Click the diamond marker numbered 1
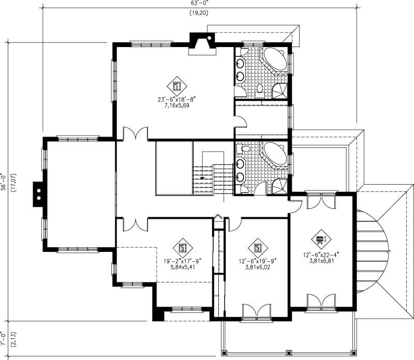click(x=177, y=85)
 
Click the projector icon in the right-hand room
click(x=321, y=239)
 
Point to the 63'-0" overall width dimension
click(x=199, y=3)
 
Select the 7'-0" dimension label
click(x=5, y=338)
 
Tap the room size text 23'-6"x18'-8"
click(x=178, y=99)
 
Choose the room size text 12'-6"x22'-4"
click(x=321, y=254)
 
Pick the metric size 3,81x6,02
click(x=257, y=268)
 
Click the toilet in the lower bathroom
click(x=245, y=149)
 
